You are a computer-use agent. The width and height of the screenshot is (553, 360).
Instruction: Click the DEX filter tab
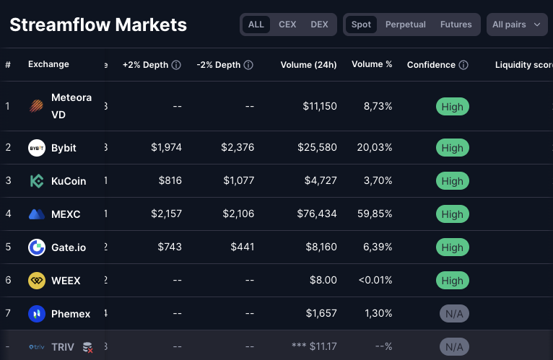coord(319,25)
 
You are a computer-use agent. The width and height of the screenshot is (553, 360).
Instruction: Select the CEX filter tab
coord(287,25)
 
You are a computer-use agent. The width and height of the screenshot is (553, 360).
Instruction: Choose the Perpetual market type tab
coord(405,25)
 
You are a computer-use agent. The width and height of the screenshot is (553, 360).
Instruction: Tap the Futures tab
coord(456,25)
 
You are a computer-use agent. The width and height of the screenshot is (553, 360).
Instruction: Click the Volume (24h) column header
coord(308,65)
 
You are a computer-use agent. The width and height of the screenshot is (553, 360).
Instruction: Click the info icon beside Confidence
coord(463,65)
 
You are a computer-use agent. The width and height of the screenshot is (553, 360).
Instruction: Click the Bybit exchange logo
coord(37,148)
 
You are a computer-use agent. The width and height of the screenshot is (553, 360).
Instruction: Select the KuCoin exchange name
coord(69,181)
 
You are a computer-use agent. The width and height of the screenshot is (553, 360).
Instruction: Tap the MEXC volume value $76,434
coord(317,214)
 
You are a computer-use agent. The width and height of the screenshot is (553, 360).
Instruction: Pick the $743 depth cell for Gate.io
coord(170,247)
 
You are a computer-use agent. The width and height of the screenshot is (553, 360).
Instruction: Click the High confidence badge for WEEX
coord(453,281)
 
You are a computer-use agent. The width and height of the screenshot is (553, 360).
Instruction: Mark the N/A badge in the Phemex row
coord(453,314)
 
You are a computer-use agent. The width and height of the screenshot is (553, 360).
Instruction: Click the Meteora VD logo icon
coord(37,107)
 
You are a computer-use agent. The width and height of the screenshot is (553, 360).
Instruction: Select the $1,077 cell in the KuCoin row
coord(238,181)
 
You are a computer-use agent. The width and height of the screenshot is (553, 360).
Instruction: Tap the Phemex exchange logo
coord(37,314)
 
